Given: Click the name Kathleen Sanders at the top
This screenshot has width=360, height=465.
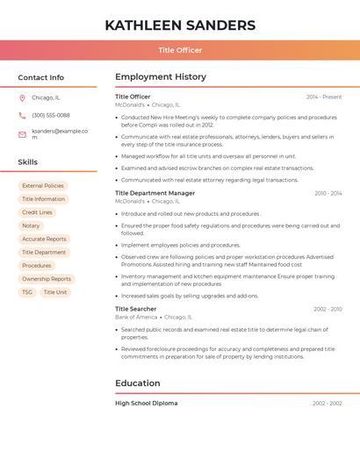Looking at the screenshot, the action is (x=180, y=25).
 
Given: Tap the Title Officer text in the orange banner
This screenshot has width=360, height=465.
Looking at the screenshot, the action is (x=180, y=50).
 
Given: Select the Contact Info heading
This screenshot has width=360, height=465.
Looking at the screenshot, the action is (x=40, y=77).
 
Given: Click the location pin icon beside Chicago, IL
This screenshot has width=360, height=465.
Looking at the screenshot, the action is (x=22, y=97).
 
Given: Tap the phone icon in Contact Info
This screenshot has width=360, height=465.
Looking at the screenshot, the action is (x=22, y=115).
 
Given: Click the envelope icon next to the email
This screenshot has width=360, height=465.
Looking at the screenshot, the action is (x=22, y=134).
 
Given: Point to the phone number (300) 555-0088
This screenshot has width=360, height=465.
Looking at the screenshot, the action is (x=51, y=115).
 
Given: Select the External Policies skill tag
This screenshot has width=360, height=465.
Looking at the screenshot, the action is (x=43, y=186).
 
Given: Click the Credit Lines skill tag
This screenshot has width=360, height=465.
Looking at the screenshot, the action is (x=37, y=212).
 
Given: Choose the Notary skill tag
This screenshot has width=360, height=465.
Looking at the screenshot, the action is (x=31, y=225).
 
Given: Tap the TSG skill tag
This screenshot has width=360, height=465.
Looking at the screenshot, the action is (x=27, y=292).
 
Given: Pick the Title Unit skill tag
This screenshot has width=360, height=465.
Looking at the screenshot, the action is (x=55, y=292).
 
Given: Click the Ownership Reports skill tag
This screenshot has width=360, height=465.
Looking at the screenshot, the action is (x=47, y=279).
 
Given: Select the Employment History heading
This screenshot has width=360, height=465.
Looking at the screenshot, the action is (x=161, y=77).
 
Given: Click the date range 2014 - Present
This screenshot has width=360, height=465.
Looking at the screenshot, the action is (x=324, y=97).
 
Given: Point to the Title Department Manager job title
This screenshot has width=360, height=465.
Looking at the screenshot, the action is (x=155, y=193).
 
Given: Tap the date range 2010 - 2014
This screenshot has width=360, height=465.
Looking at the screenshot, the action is (x=328, y=193).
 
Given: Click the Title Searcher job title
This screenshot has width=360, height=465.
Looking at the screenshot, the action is (x=136, y=309).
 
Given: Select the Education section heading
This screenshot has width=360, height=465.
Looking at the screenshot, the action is (x=138, y=383).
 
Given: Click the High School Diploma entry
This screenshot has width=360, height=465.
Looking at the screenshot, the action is (x=147, y=404).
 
